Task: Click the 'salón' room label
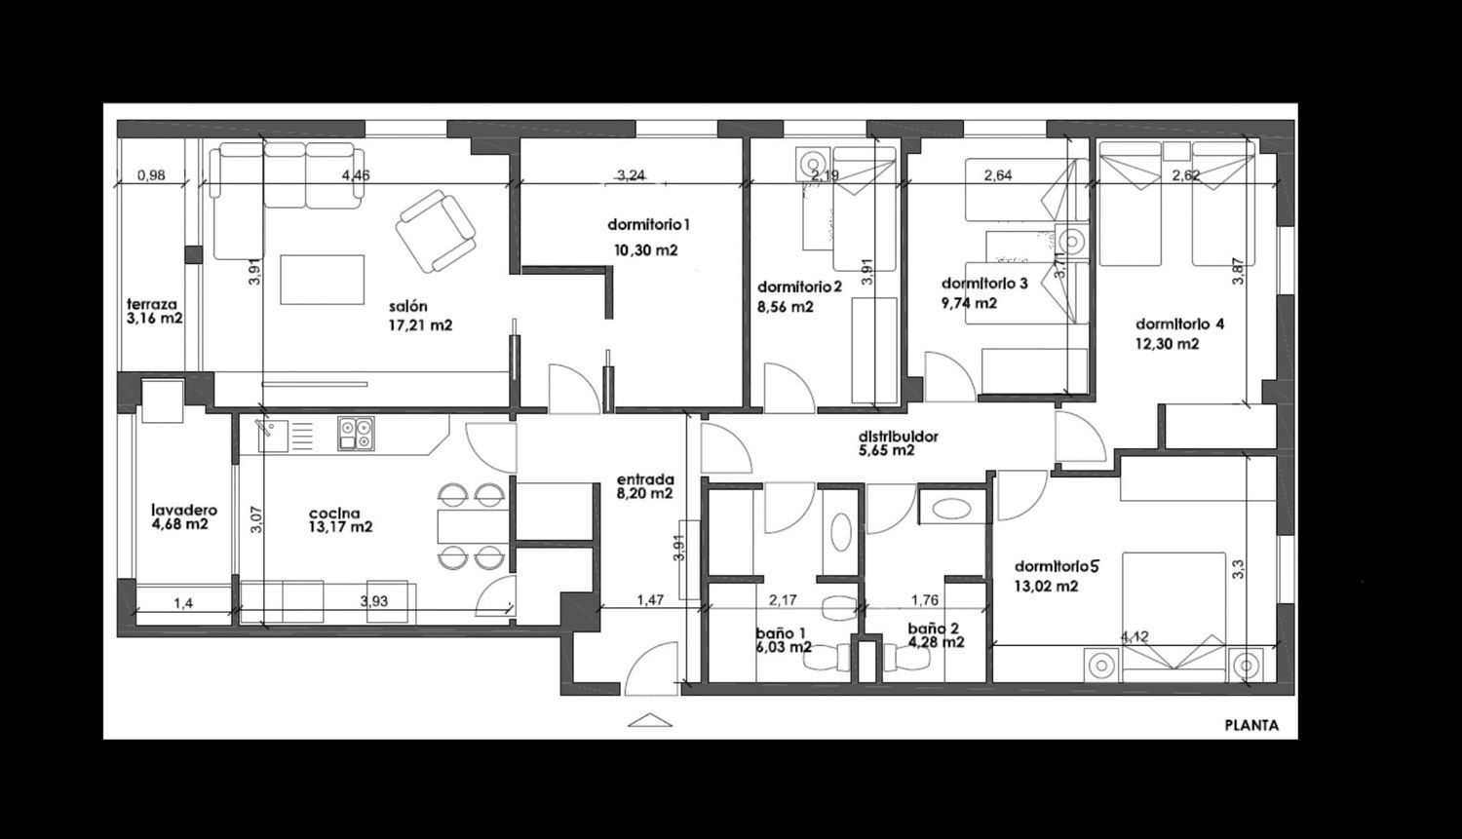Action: pyautogui.click(x=408, y=307)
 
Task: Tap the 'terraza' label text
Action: pyautogui.click(x=152, y=304)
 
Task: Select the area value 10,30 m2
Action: pyautogui.click(x=645, y=249)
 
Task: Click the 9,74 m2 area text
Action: pyautogui.click(x=969, y=303)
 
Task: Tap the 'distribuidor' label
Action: pyautogui.click(x=899, y=436)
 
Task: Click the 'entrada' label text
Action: pyautogui.click(x=645, y=479)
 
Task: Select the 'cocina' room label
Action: pyautogui.click(x=335, y=514)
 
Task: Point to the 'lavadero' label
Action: pyautogui.click(x=184, y=511)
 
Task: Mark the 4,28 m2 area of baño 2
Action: pyautogui.click(x=937, y=642)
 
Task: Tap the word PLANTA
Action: pyautogui.click(x=1251, y=725)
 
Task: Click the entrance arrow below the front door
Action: pyautogui.click(x=649, y=719)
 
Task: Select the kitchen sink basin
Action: pyautogui.click(x=273, y=436)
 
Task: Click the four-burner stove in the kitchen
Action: pyautogui.click(x=356, y=434)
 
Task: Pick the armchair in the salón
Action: pyautogui.click(x=436, y=231)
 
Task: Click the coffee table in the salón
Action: pyautogui.click(x=323, y=280)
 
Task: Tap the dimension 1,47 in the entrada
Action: pyautogui.click(x=650, y=599)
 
